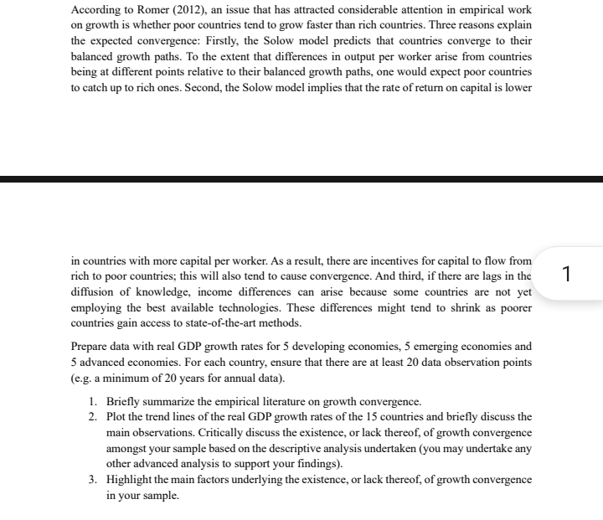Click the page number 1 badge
click(x=568, y=273)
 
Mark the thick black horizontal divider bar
click(x=301, y=178)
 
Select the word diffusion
click(x=95, y=293)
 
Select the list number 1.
click(x=93, y=401)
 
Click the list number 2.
click(x=93, y=417)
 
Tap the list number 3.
click(x=93, y=479)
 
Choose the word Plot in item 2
click(x=118, y=417)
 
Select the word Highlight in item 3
click(x=131, y=479)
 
